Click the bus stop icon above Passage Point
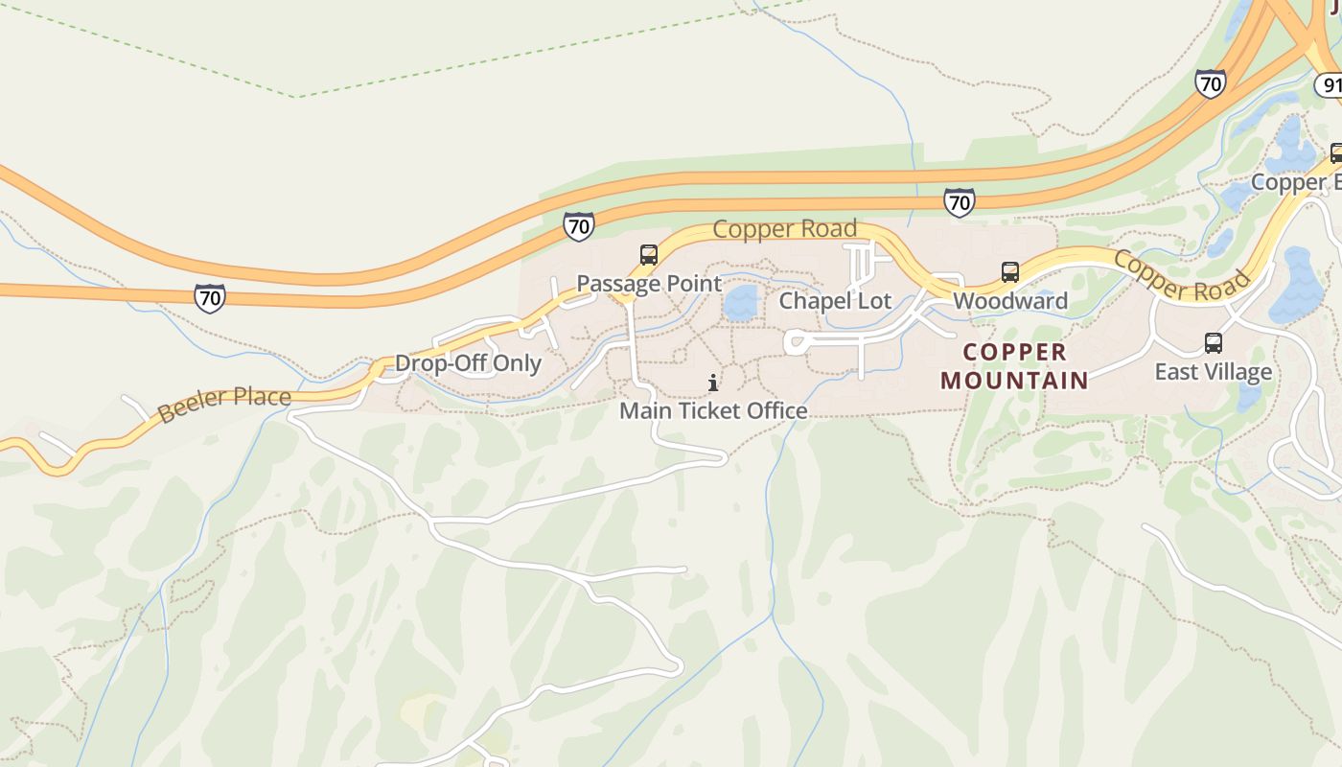pyautogui.click(x=649, y=255)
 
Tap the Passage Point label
pyautogui.click(x=648, y=284)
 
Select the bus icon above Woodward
pyautogui.click(x=1009, y=272)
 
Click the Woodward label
pyautogui.click(x=1009, y=301)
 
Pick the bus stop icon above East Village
pyautogui.click(x=1213, y=343)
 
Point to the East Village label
pyautogui.click(x=1213, y=372)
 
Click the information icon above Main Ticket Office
pyautogui.click(x=713, y=383)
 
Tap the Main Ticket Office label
pyautogui.click(x=713, y=411)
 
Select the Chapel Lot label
pyautogui.click(x=835, y=301)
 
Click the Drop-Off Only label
pyautogui.click(x=468, y=364)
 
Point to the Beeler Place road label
pyautogui.click(x=223, y=404)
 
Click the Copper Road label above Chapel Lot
pyautogui.click(x=784, y=229)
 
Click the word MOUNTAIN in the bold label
pyautogui.click(x=1014, y=381)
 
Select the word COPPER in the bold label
pyautogui.click(x=1014, y=352)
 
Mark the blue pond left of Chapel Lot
pyautogui.click(x=740, y=303)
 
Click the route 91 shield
pyautogui.click(x=1330, y=86)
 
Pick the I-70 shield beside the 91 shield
pyautogui.click(x=1211, y=83)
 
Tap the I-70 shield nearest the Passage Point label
pyautogui.click(x=578, y=226)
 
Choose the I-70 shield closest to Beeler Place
pyautogui.click(x=209, y=298)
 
